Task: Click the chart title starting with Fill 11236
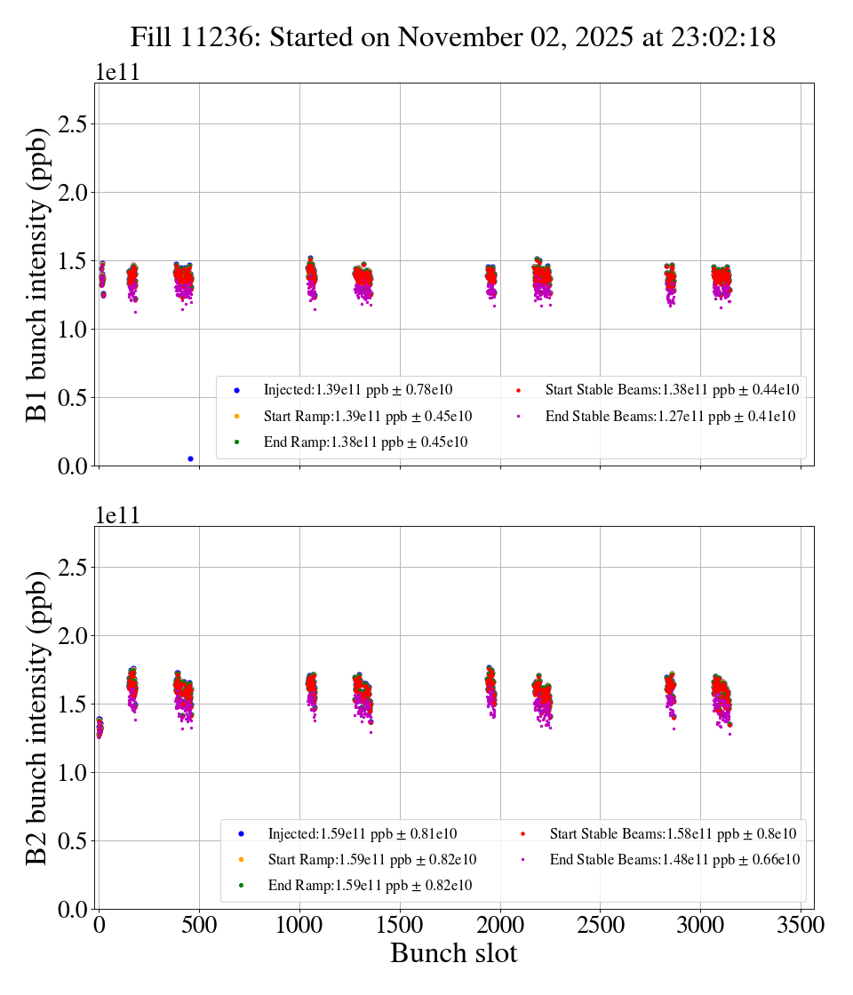coord(453,37)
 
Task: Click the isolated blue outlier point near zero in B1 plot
coord(190,458)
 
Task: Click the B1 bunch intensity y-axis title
coord(37,275)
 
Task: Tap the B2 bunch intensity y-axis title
coord(37,718)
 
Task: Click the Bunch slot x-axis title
coord(453,954)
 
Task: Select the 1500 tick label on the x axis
coord(400,925)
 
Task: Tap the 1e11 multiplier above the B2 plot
coord(117,515)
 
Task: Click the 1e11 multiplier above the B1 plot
coord(117,72)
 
